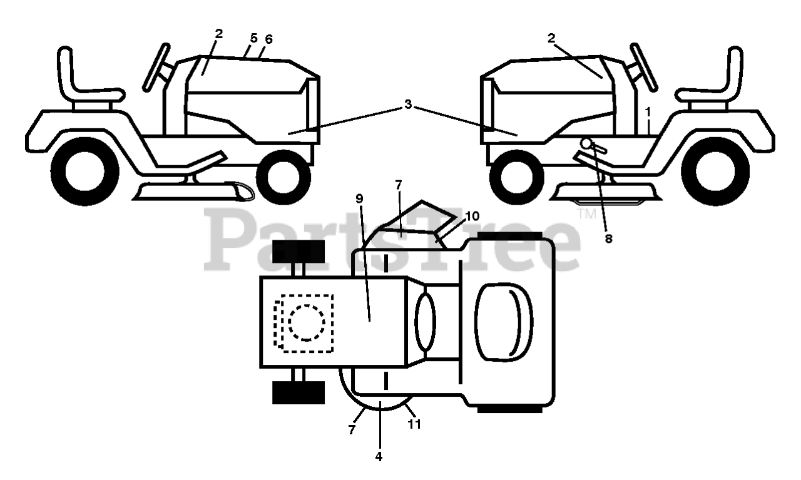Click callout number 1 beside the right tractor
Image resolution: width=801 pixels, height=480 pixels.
pyautogui.click(x=648, y=111)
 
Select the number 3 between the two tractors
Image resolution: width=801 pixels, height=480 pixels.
pyautogui.click(x=408, y=105)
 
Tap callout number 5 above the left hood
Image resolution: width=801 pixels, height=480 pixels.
pyautogui.click(x=253, y=38)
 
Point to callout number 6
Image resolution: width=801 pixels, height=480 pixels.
pyautogui.click(x=268, y=39)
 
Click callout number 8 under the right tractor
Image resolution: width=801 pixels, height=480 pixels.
pyautogui.click(x=609, y=238)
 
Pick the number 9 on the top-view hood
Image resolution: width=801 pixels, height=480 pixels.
pyautogui.click(x=359, y=199)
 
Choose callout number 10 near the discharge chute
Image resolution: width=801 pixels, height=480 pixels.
pyautogui.click(x=472, y=216)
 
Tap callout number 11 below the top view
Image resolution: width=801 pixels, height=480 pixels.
pyautogui.click(x=414, y=424)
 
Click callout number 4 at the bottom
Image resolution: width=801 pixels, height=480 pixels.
pyautogui.click(x=378, y=456)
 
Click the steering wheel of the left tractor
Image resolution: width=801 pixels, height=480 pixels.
pyautogui.click(x=156, y=67)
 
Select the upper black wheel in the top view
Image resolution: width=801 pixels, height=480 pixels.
pyautogui.click(x=298, y=252)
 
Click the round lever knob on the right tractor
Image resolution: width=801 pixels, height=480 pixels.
pyautogui.click(x=587, y=143)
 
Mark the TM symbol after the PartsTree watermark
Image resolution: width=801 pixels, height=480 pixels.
pyautogui.click(x=587, y=214)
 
